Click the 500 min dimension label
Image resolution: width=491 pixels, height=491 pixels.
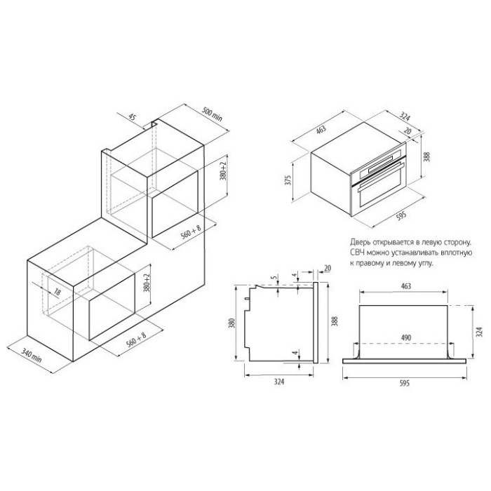pyautogui.click(x=212, y=114)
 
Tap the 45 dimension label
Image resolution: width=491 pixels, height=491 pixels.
pyautogui.click(x=133, y=117)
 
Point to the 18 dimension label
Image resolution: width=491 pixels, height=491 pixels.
pyautogui.click(x=57, y=292)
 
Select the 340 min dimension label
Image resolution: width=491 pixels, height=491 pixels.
pyautogui.click(x=32, y=355)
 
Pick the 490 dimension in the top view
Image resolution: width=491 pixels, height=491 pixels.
pyautogui.click(x=405, y=338)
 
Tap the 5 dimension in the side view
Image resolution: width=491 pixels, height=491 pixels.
pyautogui.click(x=275, y=278)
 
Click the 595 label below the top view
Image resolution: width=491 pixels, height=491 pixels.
pyautogui.click(x=405, y=383)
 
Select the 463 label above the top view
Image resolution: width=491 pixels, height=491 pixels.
pyautogui.click(x=405, y=286)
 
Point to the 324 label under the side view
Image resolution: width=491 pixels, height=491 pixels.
pyautogui.click(x=279, y=382)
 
